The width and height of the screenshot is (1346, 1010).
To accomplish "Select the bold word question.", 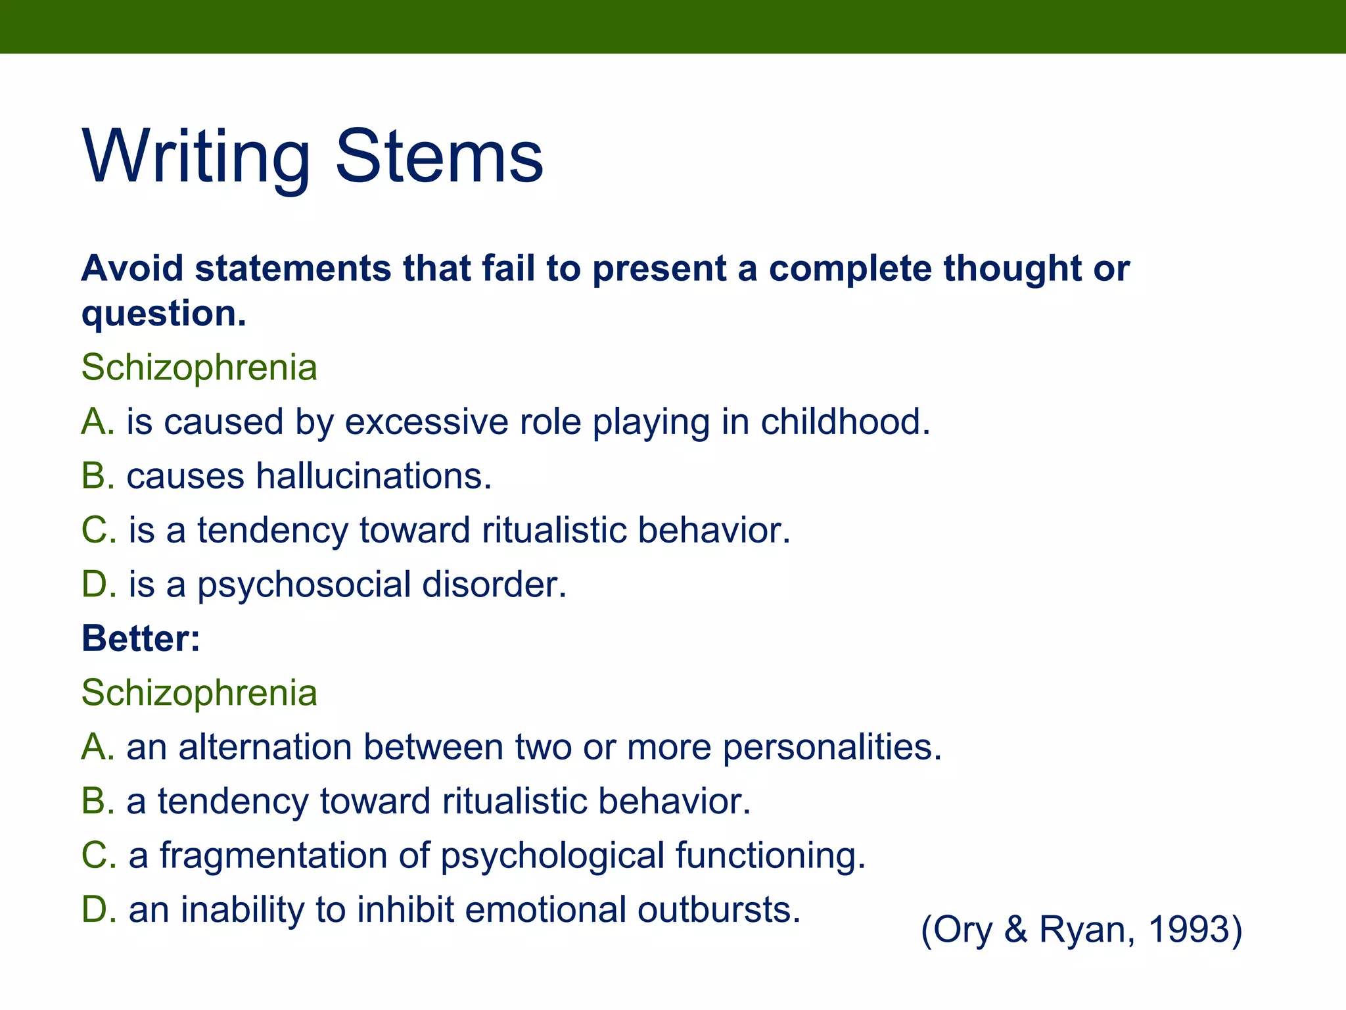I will [163, 314].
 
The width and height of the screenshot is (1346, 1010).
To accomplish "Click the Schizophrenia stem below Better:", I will [199, 692].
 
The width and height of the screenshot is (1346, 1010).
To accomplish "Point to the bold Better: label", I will [141, 638].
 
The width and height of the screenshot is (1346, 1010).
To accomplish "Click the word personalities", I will [831, 747].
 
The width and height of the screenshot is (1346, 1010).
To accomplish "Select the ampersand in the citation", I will [1016, 930].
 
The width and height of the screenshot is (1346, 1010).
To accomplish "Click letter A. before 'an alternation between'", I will [98, 747].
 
